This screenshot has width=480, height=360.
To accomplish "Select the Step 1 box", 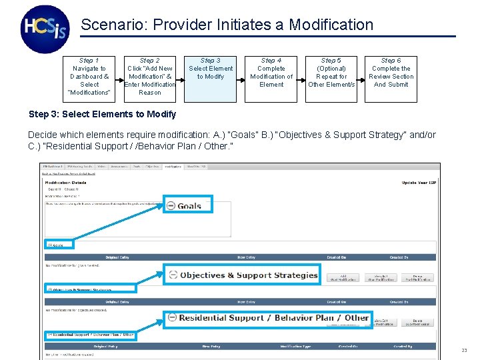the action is [89, 77].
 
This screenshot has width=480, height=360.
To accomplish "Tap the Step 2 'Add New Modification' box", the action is [150, 77].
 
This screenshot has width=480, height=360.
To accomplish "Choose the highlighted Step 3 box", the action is [211, 77].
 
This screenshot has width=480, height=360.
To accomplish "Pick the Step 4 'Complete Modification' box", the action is [271, 77].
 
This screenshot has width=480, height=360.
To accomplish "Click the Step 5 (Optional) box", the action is [331, 77].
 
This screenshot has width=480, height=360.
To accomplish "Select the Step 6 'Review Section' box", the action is [391, 77].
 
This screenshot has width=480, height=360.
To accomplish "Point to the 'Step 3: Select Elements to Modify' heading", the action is [103, 115].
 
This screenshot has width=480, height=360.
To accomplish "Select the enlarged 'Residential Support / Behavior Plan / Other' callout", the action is [267, 318].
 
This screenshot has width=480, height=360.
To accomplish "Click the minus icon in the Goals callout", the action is [172, 206].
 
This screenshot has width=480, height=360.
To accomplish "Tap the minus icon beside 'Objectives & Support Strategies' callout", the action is [173, 275].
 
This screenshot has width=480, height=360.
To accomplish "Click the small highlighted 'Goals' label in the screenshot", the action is [59, 245].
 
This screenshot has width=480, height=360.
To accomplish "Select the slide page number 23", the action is [464, 351].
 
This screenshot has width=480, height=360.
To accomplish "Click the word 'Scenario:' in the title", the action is [114, 25].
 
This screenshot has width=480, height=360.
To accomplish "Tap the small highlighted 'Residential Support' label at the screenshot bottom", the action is [91, 335].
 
